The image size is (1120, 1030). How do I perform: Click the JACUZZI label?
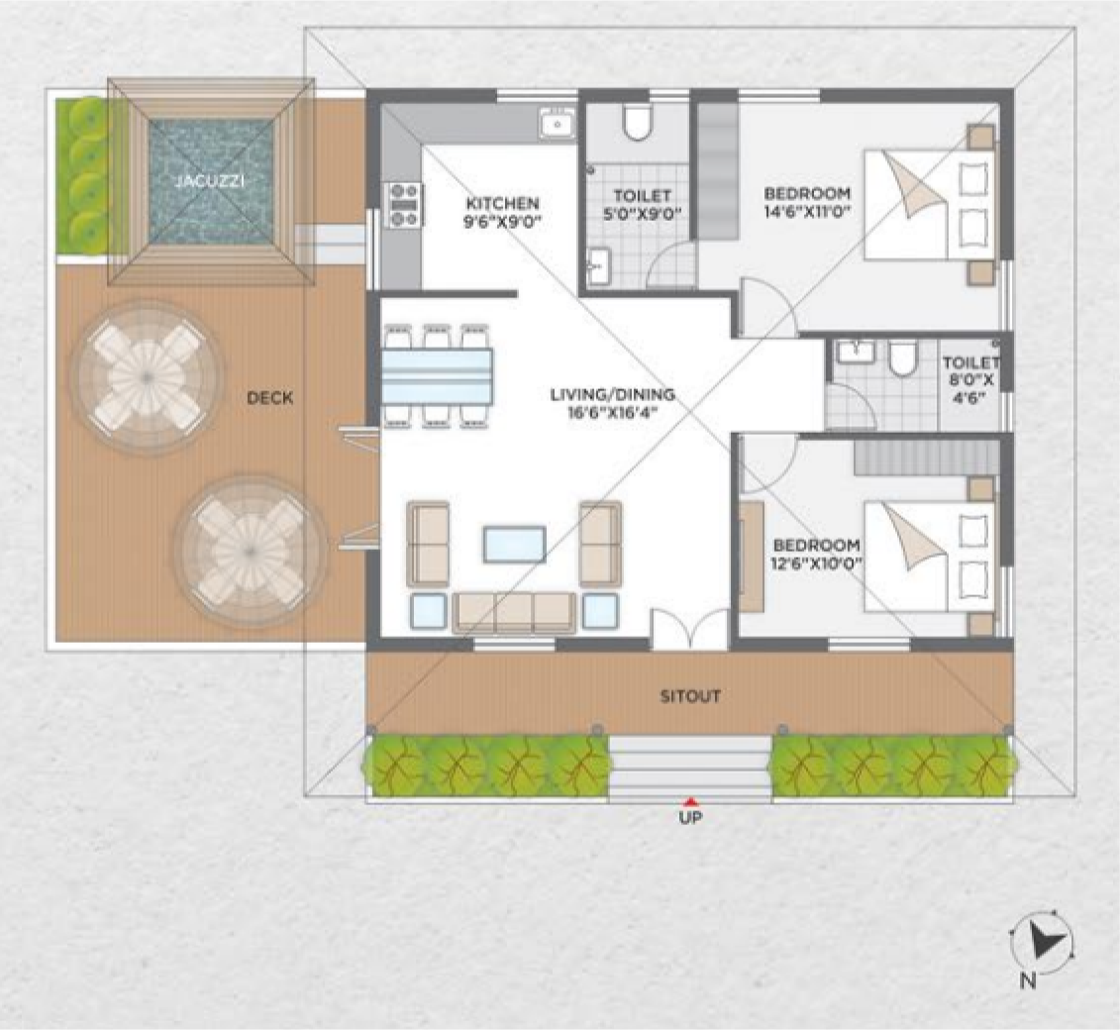pyautogui.click(x=209, y=180)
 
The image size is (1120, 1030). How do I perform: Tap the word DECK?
pyautogui.click(x=270, y=398)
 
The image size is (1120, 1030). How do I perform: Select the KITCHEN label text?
pyautogui.click(x=502, y=204)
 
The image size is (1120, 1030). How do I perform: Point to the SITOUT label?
pyautogui.click(x=690, y=696)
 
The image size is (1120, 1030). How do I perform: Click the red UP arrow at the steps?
pyautogui.click(x=690, y=801)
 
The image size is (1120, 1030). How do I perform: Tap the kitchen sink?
pyautogui.click(x=558, y=124)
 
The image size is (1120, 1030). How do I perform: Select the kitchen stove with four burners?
pyautogui.click(x=404, y=205)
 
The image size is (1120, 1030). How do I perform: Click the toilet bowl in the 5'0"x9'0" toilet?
pyautogui.click(x=637, y=123)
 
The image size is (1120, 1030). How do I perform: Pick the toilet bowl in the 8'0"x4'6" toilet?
pyautogui.click(x=903, y=358)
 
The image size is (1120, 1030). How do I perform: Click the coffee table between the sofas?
pyautogui.click(x=514, y=545)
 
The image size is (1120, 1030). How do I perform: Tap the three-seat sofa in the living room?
pyautogui.click(x=514, y=612)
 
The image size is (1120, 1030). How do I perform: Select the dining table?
pyautogui.click(x=437, y=376)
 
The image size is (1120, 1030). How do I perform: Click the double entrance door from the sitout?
pyautogui.click(x=688, y=630)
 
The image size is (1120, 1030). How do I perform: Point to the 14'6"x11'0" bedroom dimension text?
pyautogui.click(x=807, y=212)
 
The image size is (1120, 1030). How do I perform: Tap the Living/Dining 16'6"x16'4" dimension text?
pyautogui.click(x=612, y=412)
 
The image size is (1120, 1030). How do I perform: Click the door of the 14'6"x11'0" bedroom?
pyautogui.click(x=767, y=307)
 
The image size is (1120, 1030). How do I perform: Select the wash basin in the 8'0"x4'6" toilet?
pyautogui.click(x=855, y=352)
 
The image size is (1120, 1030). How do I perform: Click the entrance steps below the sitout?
pyautogui.click(x=690, y=768)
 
